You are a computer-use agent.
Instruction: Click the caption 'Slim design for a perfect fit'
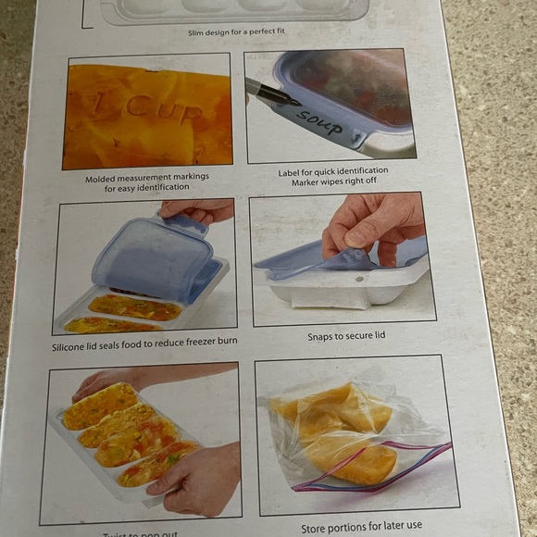[236, 32]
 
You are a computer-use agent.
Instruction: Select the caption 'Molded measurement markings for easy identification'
[147, 182]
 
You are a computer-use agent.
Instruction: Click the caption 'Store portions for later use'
[361, 527]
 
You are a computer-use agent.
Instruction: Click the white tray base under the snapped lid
[343, 291]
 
